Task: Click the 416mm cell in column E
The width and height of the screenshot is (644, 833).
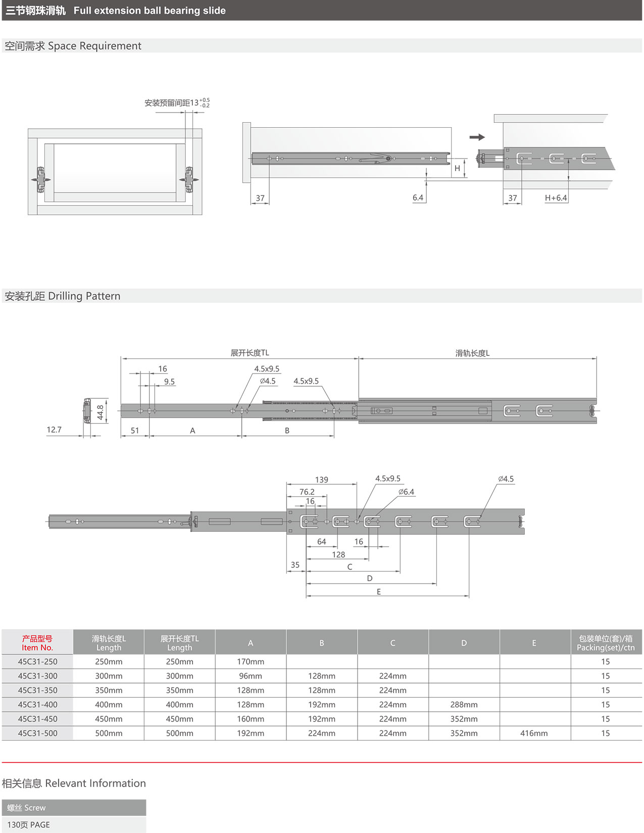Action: tap(534, 733)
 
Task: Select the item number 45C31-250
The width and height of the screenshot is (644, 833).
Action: tap(38, 661)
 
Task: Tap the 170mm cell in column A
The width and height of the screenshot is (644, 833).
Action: tap(251, 661)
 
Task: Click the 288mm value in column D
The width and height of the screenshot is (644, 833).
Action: tap(464, 704)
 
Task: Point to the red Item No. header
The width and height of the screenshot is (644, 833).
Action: tap(37, 643)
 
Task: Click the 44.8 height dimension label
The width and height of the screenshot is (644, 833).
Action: tap(101, 412)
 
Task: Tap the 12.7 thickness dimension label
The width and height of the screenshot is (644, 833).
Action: tap(54, 430)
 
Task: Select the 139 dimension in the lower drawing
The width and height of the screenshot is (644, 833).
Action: tap(322, 480)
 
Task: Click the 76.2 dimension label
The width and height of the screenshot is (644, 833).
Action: tap(307, 492)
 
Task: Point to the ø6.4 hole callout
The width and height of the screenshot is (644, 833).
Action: tap(406, 492)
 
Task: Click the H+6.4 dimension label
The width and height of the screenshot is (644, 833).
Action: tap(556, 198)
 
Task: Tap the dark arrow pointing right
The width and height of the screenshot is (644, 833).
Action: tap(477, 137)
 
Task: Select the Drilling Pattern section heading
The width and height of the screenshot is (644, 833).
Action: tap(63, 296)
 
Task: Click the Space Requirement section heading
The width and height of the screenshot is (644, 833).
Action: tap(73, 46)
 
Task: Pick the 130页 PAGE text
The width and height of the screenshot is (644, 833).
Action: tap(29, 824)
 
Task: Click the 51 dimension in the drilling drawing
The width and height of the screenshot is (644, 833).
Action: tap(135, 431)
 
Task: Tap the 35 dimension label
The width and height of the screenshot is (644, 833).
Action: tap(295, 565)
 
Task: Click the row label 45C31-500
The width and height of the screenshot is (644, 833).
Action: tap(38, 733)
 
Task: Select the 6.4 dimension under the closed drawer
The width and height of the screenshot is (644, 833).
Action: tap(418, 198)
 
